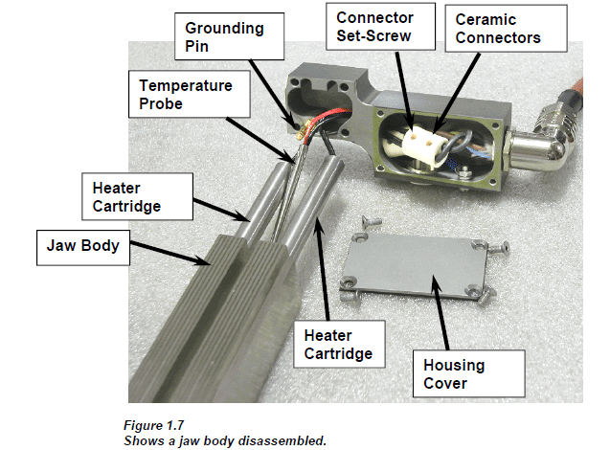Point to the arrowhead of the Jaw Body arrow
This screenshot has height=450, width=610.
[x=210, y=263]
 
